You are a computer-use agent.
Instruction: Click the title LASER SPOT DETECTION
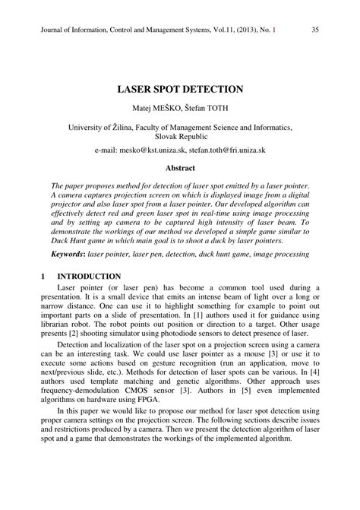179,89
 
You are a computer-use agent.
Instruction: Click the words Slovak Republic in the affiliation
180,140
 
